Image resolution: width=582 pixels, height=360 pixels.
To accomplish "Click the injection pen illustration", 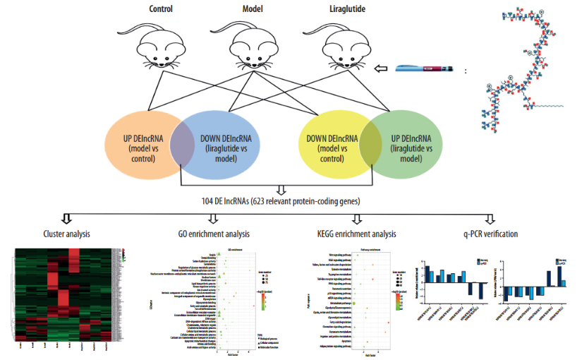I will tap(426, 68).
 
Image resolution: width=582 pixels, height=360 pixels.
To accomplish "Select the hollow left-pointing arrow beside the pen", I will tap(382, 68).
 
